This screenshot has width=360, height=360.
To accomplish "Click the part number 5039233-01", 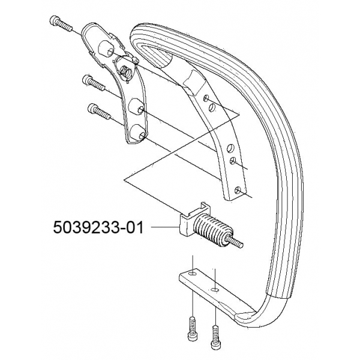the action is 98,227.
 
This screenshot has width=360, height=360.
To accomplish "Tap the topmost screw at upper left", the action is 60,23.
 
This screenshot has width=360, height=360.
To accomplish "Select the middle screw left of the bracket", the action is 93,83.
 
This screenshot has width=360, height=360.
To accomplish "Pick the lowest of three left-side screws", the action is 99,111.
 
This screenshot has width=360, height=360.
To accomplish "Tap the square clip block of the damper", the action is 193,220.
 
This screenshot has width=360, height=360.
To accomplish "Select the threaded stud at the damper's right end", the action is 235,242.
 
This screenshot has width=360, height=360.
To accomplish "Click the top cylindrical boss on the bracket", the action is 106,48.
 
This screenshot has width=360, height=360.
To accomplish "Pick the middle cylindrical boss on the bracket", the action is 136,107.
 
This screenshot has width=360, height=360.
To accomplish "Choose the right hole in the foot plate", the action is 215,290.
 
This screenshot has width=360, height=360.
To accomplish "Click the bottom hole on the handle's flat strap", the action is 238,190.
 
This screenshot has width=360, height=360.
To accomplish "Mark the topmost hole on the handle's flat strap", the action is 206,98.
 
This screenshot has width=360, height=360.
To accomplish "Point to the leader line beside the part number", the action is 165,227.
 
